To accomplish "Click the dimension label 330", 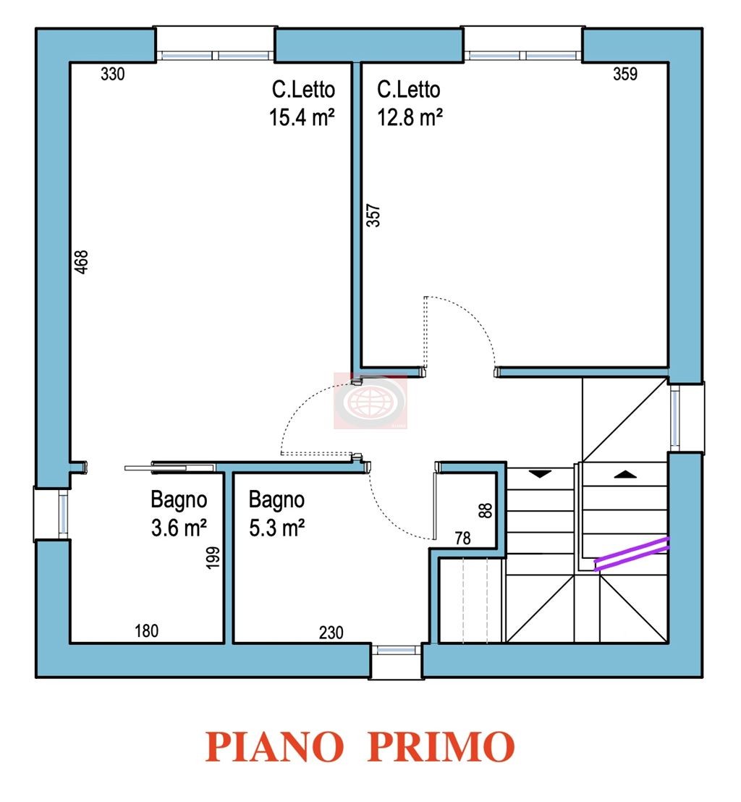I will (x=113, y=74).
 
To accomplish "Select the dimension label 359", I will (x=625, y=74).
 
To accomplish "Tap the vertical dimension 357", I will (x=373, y=215).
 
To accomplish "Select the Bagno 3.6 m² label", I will (x=179, y=513).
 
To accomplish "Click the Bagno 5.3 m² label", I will (x=276, y=513).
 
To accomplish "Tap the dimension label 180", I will (x=147, y=631).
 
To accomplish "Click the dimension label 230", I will (x=331, y=632).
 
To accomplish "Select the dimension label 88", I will (x=486, y=510).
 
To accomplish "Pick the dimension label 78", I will (x=463, y=538).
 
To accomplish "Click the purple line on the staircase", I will (x=632, y=554).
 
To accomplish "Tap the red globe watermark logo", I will (x=370, y=400).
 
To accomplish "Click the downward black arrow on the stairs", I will (x=539, y=475).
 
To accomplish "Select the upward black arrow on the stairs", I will (x=625, y=475).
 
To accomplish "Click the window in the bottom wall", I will (x=396, y=650).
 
